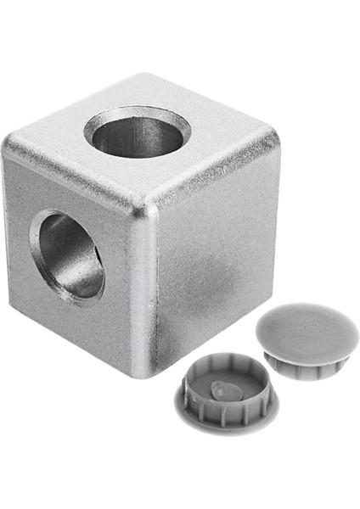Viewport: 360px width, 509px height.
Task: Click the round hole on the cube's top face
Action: tap(137, 131)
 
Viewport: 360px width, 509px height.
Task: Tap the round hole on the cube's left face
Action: tap(68, 255)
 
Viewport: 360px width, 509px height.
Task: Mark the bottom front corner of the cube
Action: tap(154, 374)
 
